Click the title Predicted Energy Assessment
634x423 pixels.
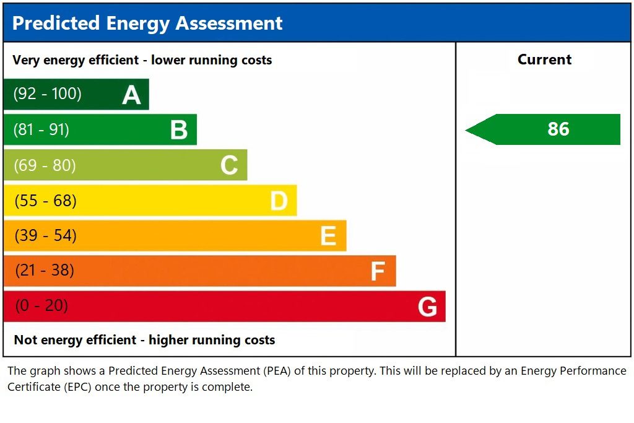[x=147, y=23]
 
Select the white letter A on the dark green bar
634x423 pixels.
[x=131, y=95]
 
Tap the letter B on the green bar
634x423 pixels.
[x=179, y=130]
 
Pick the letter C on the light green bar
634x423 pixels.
[x=229, y=165]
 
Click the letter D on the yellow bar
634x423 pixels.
[x=279, y=201]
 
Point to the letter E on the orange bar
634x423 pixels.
[x=328, y=236]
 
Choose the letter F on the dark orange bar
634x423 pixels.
[x=378, y=271]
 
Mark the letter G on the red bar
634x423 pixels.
[x=427, y=307]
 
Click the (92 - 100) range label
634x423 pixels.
[x=48, y=94]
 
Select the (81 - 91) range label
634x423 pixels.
[x=41, y=129]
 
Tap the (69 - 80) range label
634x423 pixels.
[x=45, y=165]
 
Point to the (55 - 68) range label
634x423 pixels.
[x=45, y=201]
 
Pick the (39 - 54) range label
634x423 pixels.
[x=45, y=236]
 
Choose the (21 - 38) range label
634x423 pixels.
[x=45, y=271]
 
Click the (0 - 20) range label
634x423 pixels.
[x=41, y=306]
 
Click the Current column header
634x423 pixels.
[x=544, y=60]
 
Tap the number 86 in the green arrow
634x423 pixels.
[x=558, y=129]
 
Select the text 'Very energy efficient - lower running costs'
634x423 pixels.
[x=142, y=60]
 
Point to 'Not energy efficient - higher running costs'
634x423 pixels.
[x=144, y=340]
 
